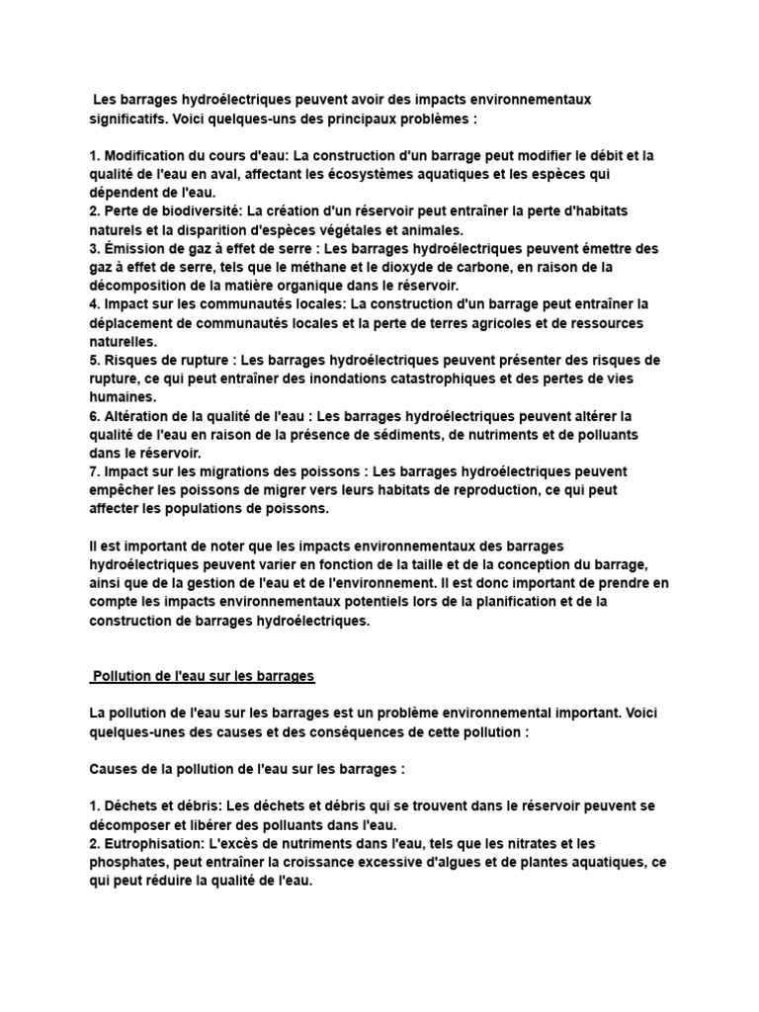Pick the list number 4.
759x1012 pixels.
tap(93, 304)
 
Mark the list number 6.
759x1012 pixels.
tap(93, 415)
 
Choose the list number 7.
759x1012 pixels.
tap(93, 470)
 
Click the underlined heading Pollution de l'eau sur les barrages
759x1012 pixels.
tap(203, 676)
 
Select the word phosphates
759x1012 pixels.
tap(127, 862)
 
